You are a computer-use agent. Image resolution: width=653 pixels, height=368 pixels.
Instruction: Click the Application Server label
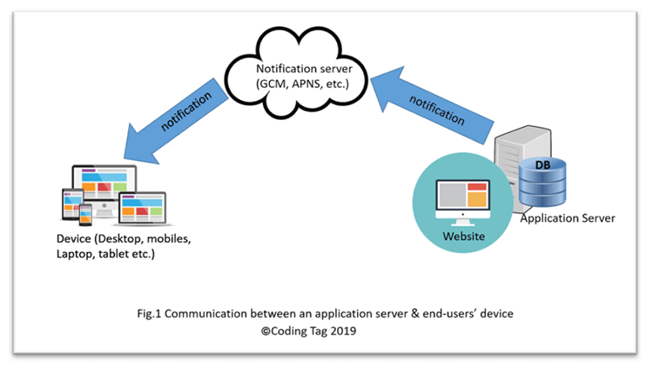tap(567, 217)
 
